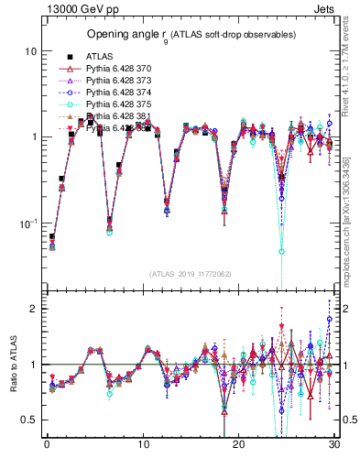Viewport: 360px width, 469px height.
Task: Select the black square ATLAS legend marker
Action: [x=66, y=57]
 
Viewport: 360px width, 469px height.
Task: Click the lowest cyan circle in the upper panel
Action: [x=281, y=251]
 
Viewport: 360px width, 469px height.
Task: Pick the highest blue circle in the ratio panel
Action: [x=329, y=320]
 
